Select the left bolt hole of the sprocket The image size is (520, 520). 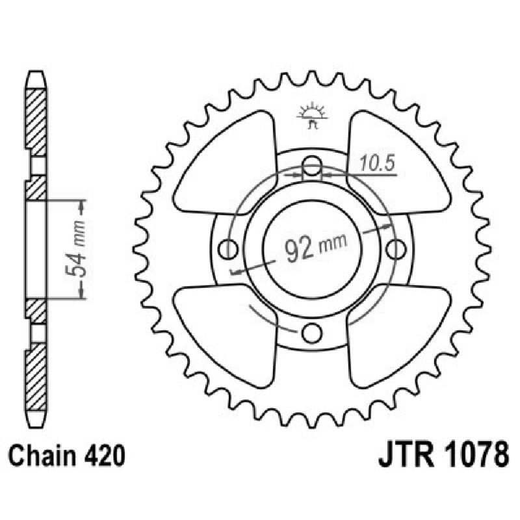(227, 248)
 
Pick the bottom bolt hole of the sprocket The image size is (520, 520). (313, 333)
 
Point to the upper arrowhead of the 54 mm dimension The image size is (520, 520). (81, 207)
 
